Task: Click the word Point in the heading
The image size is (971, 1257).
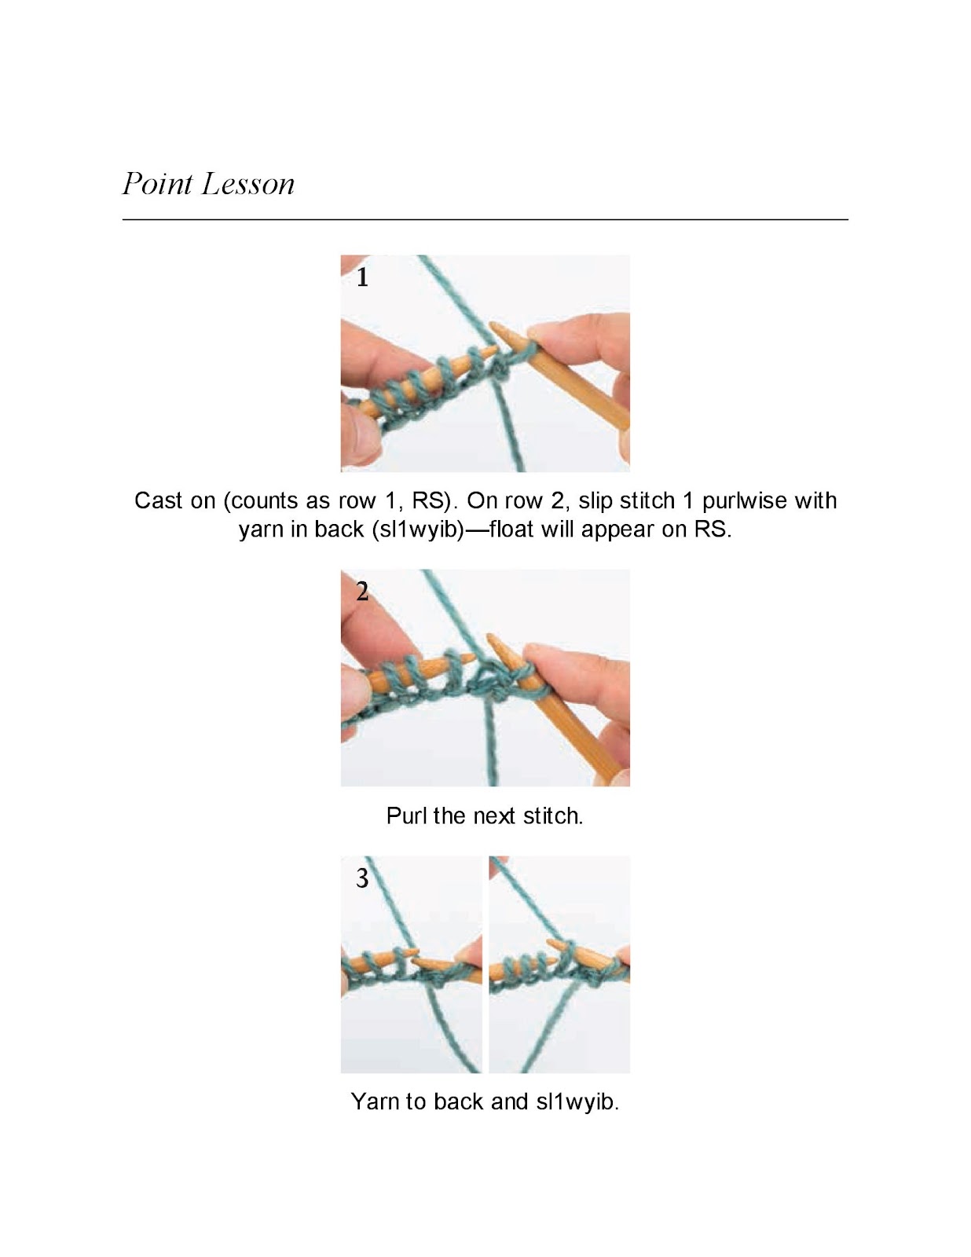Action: pyautogui.click(x=157, y=184)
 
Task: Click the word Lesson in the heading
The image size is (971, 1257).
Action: pyautogui.click(x=247, y=184)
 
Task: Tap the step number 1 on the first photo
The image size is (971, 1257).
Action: pyautogui.click(x=362, y=277)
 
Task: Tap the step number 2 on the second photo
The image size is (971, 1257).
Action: pyautogui.click(x=362, y=591)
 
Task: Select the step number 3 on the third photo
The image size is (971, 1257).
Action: pyautogui.click(x=362, y=878)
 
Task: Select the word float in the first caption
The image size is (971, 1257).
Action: pyautogui.click(x=511, y=530)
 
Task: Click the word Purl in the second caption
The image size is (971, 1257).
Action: pyautogui.click(x=406, y=816)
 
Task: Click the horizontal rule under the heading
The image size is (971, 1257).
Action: pyautogui.click(x=485, y=219)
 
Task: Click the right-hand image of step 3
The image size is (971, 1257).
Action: pyautogui.click(x=559, y=965)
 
